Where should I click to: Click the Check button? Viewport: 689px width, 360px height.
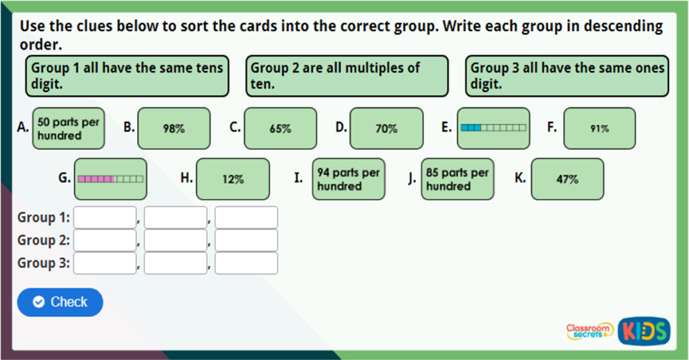click(60, 302)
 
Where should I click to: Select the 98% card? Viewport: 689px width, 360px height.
click(174, 129)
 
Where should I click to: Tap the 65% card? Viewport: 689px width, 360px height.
click(280, 129)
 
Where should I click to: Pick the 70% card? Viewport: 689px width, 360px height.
click(386, 129)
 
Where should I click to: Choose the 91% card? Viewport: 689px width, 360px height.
click(599, 129)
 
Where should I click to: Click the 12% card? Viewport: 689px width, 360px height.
click(233, 179)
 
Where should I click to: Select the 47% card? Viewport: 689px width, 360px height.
click(567, 179)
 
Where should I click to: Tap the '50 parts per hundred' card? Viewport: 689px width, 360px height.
click(69, 129)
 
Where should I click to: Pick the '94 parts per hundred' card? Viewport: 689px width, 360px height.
click(349, 179)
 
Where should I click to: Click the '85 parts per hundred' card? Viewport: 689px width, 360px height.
click(458, 179)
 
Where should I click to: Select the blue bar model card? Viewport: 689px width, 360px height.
click(493, 128)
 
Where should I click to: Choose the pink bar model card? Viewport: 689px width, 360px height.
click(110, 179)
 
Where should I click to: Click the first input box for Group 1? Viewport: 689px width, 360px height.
click(105, 217)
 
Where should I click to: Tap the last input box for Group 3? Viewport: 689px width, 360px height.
click(246, 263)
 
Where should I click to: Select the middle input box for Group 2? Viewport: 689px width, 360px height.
click(176, 240)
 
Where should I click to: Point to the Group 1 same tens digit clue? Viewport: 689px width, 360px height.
click(127, 76)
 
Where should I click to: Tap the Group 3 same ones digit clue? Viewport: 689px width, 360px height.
click(567, 76)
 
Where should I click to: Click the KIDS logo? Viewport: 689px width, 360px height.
click(645, 330)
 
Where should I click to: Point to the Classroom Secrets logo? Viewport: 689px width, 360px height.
click(589, 330)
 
